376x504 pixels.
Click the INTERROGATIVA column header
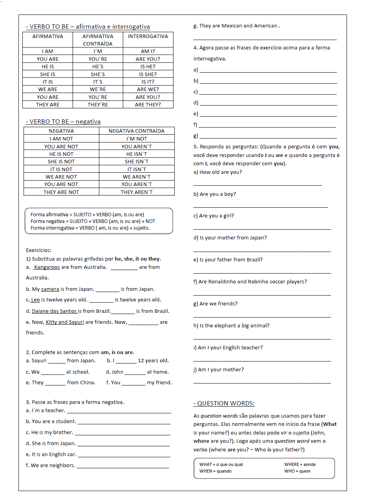(148, 37)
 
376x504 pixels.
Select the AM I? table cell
(148, 51)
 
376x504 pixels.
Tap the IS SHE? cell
(148, 74)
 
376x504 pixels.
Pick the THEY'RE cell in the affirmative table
(98, 105)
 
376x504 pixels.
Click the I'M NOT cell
(137, 139)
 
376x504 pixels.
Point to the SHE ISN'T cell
(137, 162)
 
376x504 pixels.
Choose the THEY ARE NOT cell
(61, 192)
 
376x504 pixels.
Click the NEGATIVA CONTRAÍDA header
(137, 131)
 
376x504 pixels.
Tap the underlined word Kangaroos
(47, 267)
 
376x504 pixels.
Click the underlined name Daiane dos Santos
(54, 311)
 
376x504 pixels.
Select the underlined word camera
(50, 289)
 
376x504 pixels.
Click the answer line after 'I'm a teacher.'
(119, 411)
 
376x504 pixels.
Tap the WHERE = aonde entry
(300, 464)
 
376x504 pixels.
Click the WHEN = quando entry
(215, 471)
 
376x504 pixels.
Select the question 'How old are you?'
(221, 172)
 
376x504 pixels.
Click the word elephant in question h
(225, 326)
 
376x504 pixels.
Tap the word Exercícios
(38, 250)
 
